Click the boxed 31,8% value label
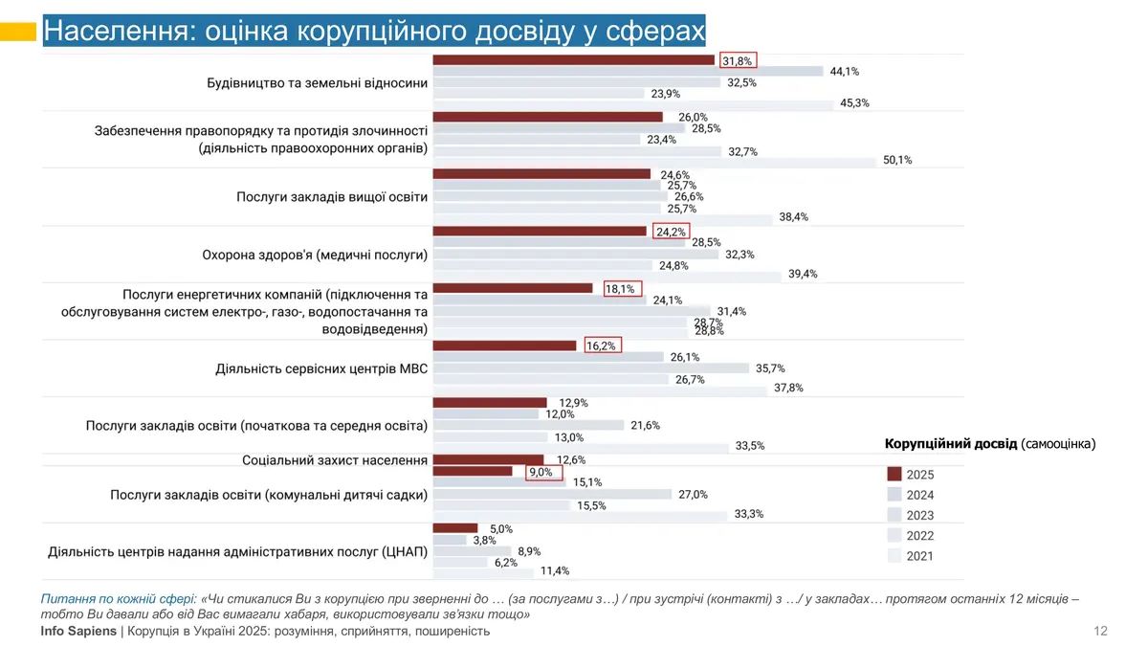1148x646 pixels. pos(738,60)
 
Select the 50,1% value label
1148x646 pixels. pos(897,161)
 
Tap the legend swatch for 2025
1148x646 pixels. pos(894,475)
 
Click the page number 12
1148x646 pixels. pos(1100,631)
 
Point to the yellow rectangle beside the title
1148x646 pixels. pos(18,32)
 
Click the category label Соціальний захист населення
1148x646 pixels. pos(335,460)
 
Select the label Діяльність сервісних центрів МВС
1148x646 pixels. pos(321,368)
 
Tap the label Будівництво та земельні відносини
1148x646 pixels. pos(318,82)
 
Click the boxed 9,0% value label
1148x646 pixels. pos(543,472)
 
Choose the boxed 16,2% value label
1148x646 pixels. pos(603,345)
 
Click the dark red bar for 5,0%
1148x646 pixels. pos(455,528)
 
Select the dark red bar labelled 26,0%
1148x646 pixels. pos(548,117)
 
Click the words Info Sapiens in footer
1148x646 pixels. pos(78,631)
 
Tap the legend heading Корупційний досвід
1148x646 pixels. pos(951,444)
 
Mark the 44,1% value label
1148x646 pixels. pos(844,72)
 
